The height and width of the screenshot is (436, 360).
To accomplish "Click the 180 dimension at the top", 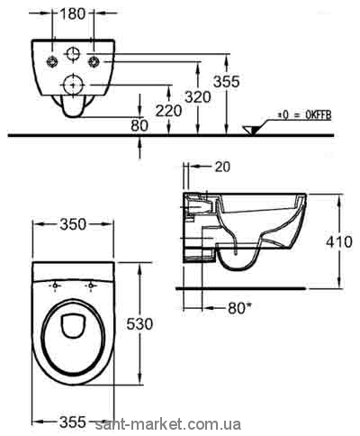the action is click(73, 14).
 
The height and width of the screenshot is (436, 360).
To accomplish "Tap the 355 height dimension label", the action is click(227, 81).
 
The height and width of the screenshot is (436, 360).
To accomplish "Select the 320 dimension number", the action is click(198, 97).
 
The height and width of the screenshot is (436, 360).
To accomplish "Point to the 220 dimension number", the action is click(168, 111).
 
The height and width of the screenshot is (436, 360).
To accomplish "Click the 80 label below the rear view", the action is click(139, 125).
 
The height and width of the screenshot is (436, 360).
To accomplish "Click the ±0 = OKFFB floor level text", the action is click(304, 115).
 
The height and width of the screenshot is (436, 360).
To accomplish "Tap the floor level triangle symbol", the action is click(251, 131).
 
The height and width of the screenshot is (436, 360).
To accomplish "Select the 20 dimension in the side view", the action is click(222, 167).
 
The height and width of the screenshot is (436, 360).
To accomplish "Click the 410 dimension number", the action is click(339, 241).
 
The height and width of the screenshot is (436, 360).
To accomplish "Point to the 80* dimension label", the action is click(239, 308).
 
